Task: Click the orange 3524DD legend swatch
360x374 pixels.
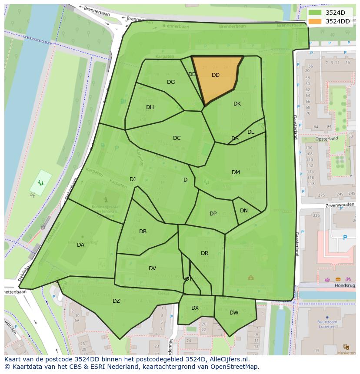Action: coord(316,21)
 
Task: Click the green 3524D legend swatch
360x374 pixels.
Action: coord(316,13)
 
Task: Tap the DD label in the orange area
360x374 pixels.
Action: coord(216,75)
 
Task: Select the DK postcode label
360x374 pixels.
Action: coord(237,104)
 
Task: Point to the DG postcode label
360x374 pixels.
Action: coord(171,82)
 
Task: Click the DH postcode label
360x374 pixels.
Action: coord(150,107)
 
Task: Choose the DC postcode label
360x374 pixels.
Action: coord(177,138)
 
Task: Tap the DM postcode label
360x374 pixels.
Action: coord(236,172)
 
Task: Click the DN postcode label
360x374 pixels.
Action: coord(244,211)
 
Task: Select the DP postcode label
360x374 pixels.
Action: coord(213,214)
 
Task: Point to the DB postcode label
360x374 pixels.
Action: coord(143,232)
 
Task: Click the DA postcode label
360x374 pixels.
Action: coord(80,245)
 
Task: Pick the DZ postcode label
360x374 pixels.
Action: coord(116,301)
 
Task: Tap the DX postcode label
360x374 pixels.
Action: coord(195,308)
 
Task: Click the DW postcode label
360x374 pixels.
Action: coord(234,313)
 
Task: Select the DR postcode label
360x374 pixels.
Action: coord(204,253)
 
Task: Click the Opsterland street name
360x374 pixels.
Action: coord(327,139)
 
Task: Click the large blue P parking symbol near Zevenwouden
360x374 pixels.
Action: coord(345,238)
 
